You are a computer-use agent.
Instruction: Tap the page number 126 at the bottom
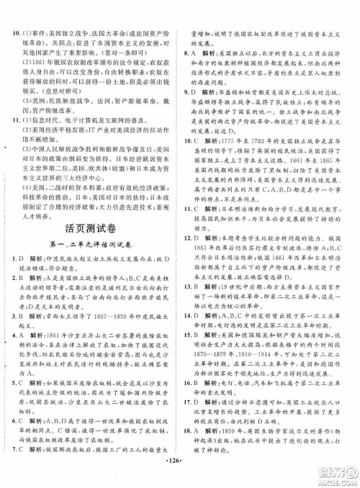click(180, 480)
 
